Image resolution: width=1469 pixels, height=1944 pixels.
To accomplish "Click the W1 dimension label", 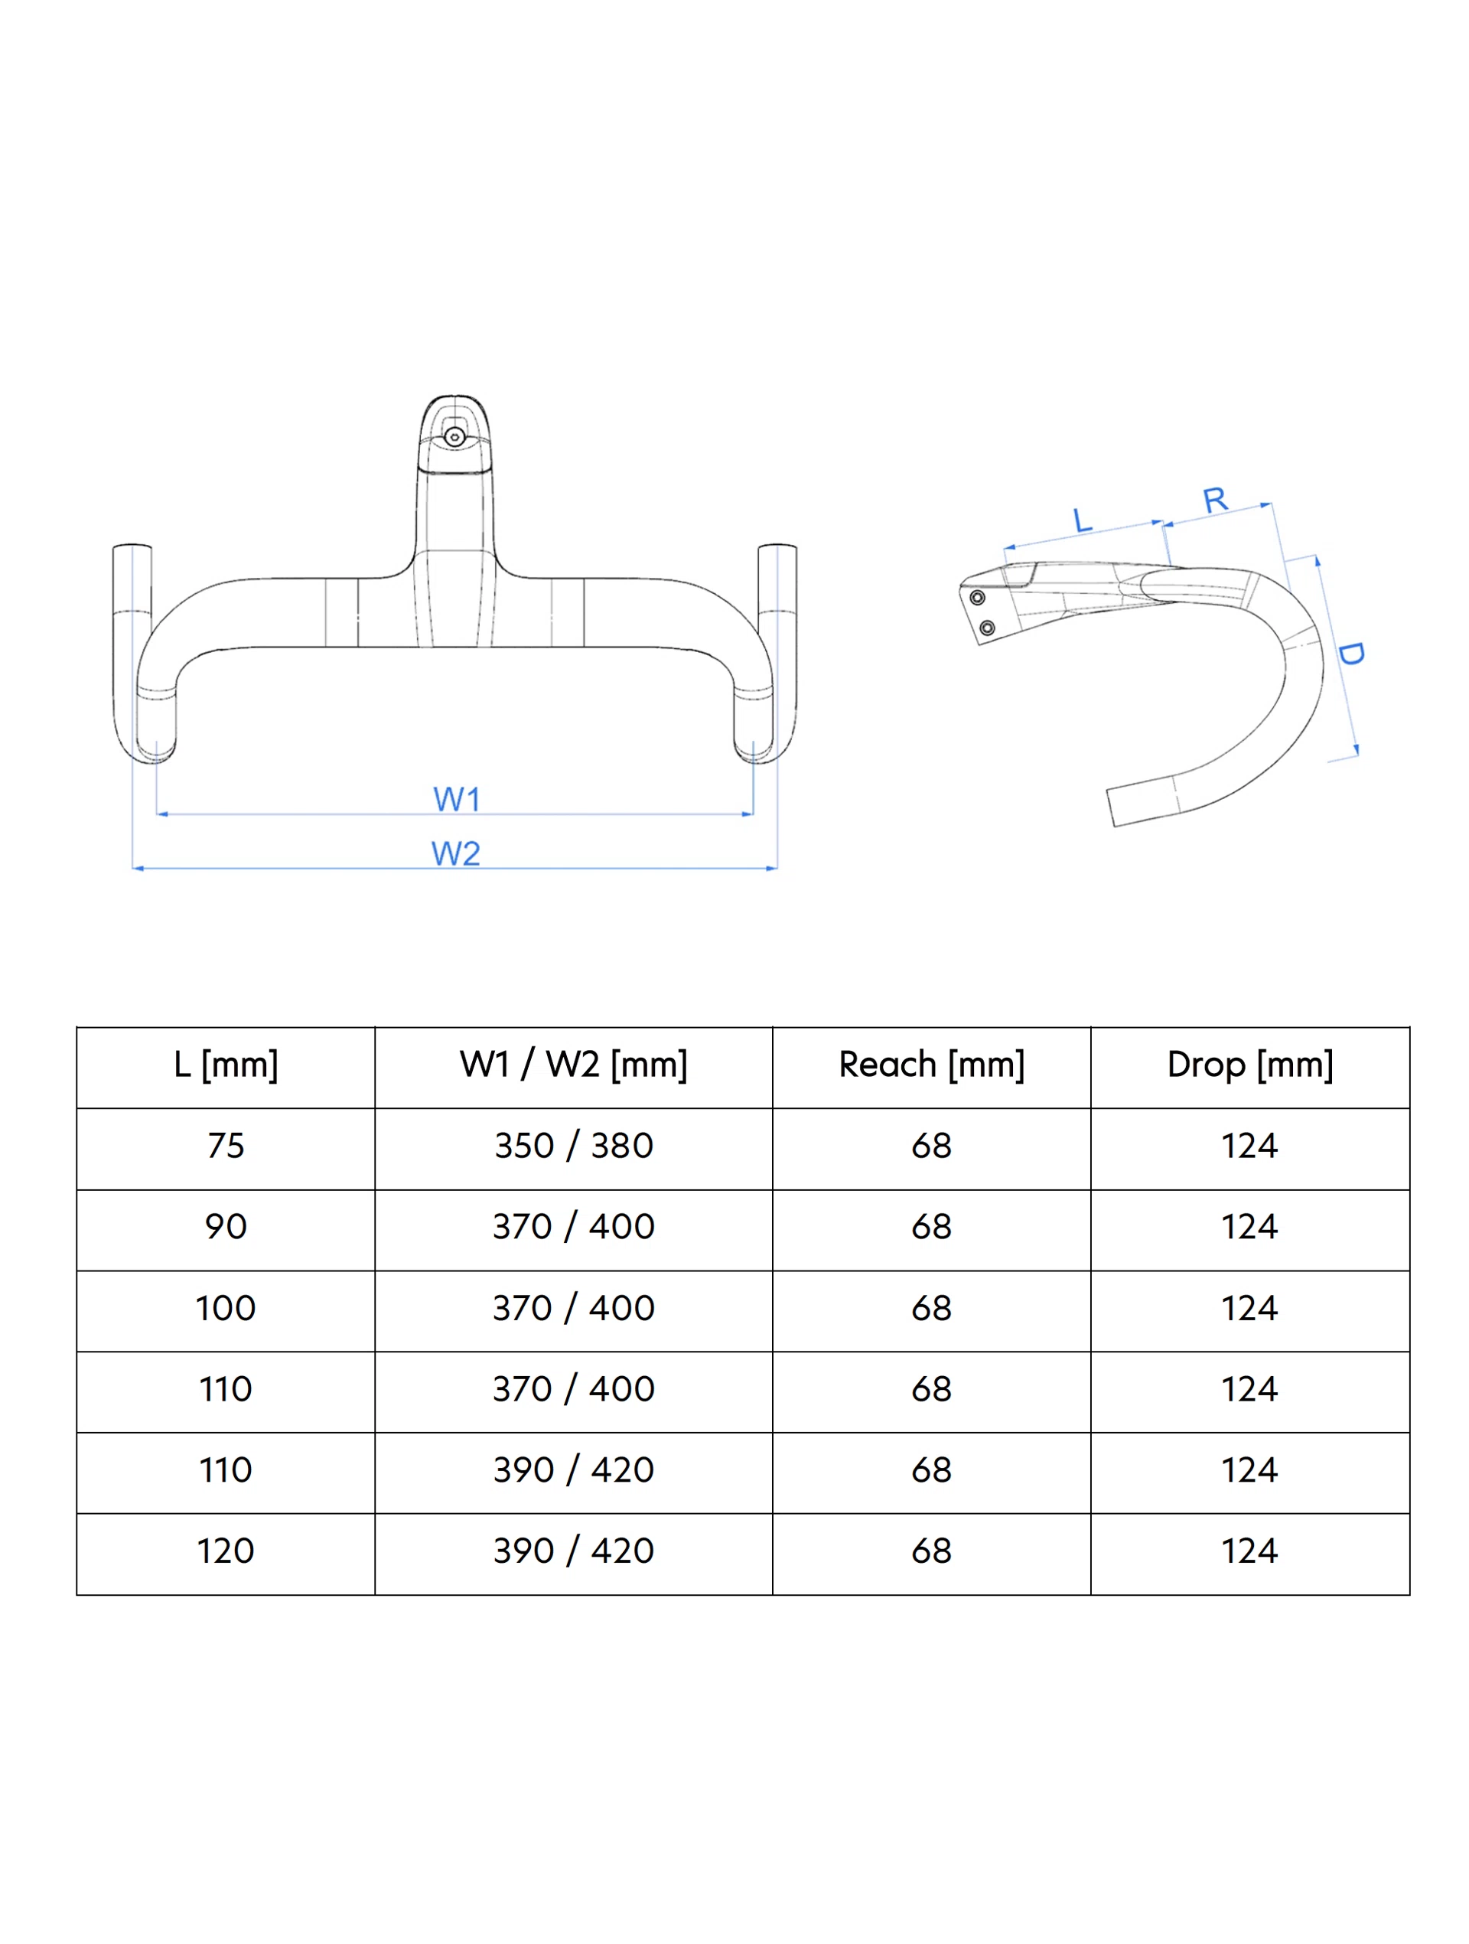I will (x=456, y=799).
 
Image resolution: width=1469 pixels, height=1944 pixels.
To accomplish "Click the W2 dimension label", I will (x=455, y=853).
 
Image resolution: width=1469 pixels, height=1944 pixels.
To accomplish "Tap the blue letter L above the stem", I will (x=1083, y=520).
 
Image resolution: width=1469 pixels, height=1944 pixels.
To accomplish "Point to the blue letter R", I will (x=1214, y=500).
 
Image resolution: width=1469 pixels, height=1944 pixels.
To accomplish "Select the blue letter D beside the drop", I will (x=1350, y=653).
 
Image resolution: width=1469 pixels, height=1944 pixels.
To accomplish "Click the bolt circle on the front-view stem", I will (x=454, y=437).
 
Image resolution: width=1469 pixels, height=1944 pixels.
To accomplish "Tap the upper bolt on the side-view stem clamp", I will (x=977, y=598).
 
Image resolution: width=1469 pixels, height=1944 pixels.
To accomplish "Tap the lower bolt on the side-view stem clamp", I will (x=987, y=628).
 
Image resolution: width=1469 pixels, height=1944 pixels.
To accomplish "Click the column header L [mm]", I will (x=226, y=1065).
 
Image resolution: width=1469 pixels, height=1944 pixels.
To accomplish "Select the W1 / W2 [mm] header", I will (x=573, y=1065).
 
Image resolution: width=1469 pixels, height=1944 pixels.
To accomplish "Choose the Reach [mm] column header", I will (x=931, y=1065).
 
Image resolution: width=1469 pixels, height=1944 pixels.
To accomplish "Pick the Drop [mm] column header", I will (x=1249, y=1065).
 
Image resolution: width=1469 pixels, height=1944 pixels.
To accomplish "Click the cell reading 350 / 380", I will (x=573, y=1146).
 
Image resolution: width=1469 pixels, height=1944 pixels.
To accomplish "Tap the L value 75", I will (x=226, y=1146).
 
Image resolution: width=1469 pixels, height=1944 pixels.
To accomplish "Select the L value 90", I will (x=226, y=1227).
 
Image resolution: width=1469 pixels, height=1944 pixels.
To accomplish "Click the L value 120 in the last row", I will (x=226, y=1551).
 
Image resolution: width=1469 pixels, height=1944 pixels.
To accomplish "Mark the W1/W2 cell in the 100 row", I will (x=573, y=1309).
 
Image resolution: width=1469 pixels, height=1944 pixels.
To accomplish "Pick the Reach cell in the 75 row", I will (x=931, y=1146).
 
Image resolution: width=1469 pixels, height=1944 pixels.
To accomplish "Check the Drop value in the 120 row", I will (x=1249, y=1551).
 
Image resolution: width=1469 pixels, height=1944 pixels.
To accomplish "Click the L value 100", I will (x=226, y=1309).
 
